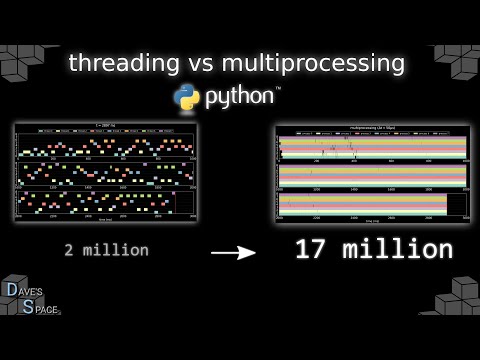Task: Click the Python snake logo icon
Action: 187,98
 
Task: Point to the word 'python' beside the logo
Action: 240,98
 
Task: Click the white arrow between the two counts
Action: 232,253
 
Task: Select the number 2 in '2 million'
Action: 69,250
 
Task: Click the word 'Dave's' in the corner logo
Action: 23,291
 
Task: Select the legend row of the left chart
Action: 106,131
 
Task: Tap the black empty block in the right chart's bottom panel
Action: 456,205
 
